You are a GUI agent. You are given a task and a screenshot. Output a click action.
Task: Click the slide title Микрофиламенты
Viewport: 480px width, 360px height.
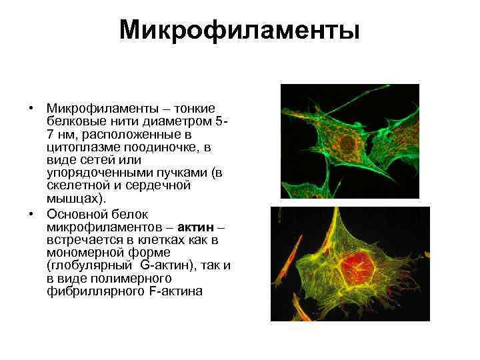click(239, 30)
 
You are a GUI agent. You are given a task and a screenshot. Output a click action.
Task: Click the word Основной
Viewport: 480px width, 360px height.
click(75, 215)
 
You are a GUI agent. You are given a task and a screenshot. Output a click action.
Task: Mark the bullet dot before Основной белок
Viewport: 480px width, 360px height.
click(31, 215)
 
